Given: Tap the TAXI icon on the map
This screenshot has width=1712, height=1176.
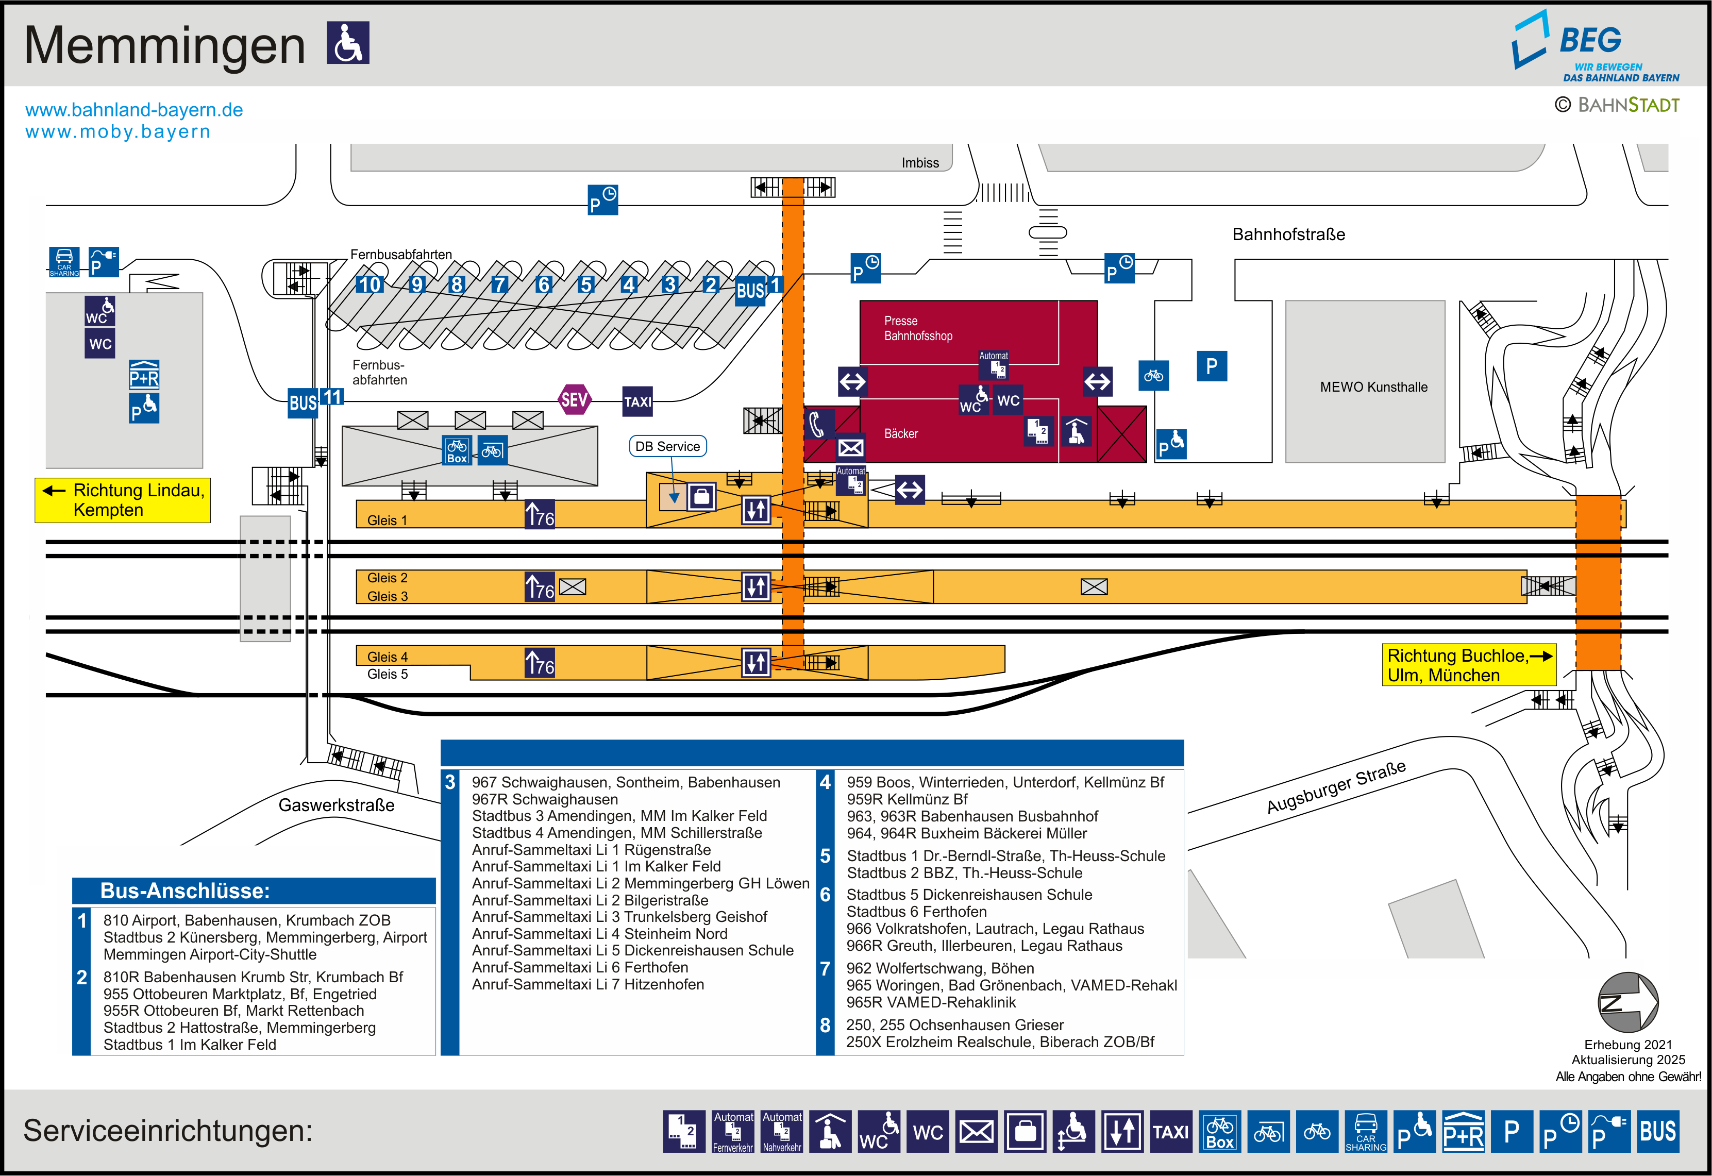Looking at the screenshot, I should point(637,401).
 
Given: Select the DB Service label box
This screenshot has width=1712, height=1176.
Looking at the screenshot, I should point(667,446).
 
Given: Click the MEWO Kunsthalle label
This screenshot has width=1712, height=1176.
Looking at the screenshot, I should point(1373,387).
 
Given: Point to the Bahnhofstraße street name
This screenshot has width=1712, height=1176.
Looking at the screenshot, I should point(1288,234).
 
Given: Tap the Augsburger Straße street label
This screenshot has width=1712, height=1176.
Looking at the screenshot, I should point(1336,787).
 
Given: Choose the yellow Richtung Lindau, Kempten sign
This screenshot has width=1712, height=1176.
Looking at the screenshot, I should point(123,500).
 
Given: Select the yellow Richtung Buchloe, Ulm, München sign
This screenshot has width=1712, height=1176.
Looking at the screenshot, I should point(1468,665).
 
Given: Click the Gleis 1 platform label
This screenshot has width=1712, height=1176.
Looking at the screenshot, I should point(387,520).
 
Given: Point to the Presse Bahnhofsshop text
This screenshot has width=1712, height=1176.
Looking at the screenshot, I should point(918,329).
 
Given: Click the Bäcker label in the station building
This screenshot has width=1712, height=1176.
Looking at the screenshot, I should point(901,434).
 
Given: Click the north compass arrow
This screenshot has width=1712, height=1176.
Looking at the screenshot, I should point(1627,1002).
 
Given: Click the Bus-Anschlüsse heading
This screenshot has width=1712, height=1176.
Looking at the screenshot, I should point(185,891).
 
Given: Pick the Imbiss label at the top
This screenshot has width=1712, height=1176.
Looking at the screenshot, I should point(920,163).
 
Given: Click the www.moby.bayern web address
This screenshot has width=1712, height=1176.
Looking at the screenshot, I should point(118,132).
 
